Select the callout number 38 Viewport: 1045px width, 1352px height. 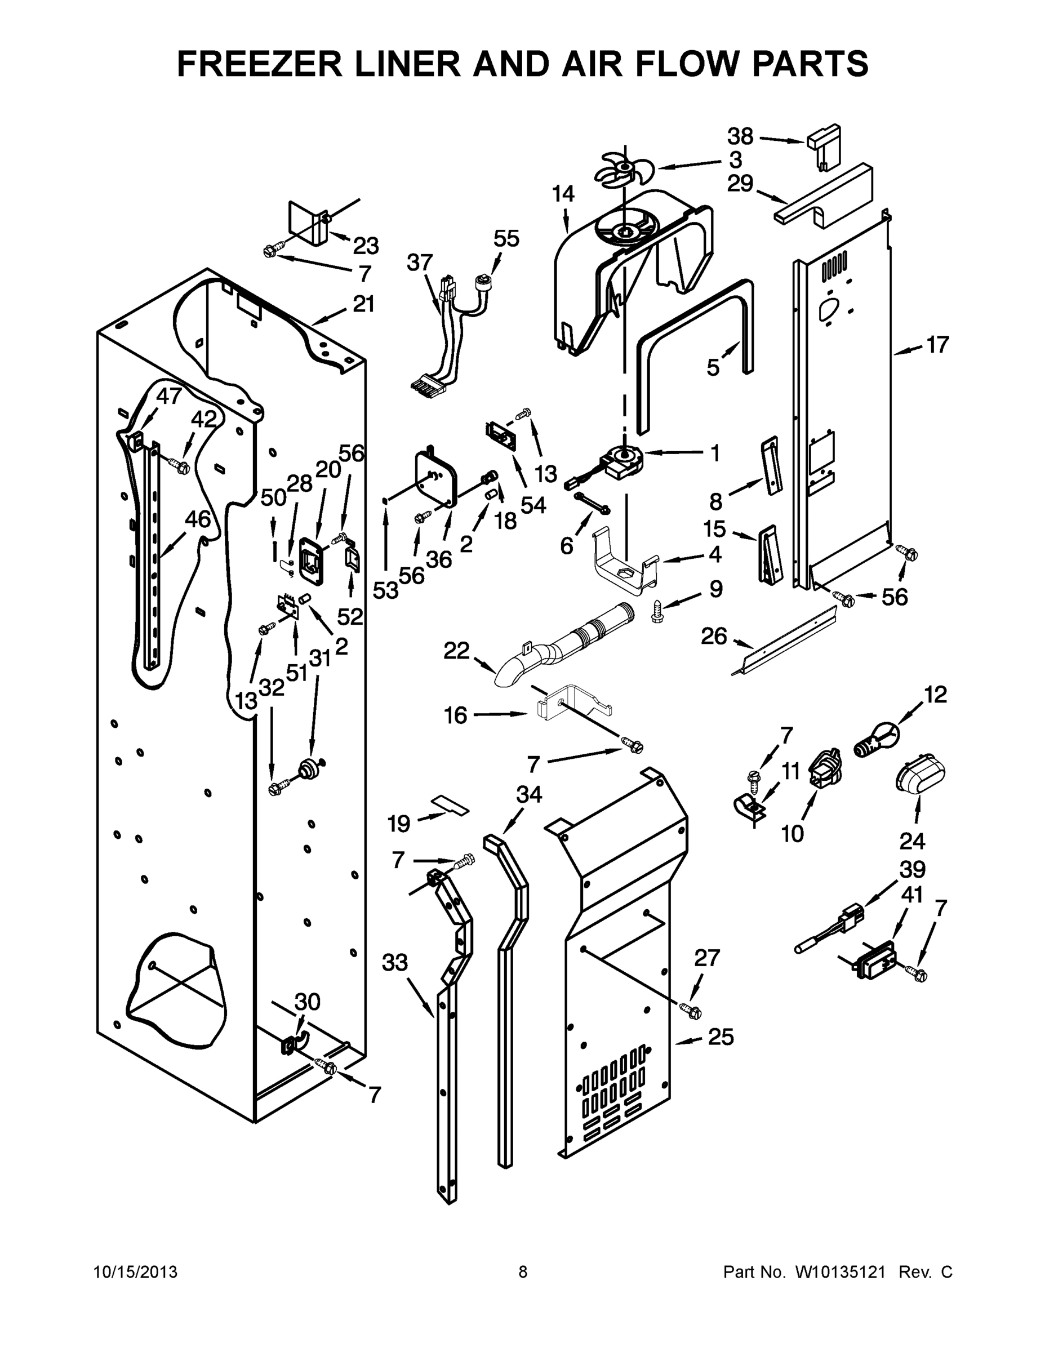pyautogui.click(x=740, y=136)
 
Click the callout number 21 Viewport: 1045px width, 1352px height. pyautogui.click(x=363, y=304)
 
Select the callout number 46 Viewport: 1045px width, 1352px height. pyautogui.click(x=198, y=519)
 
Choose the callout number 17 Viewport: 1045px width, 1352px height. pyautogui.click(x=937, y=344)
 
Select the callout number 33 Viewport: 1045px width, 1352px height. pyautogui.click(x=394, y=963)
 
